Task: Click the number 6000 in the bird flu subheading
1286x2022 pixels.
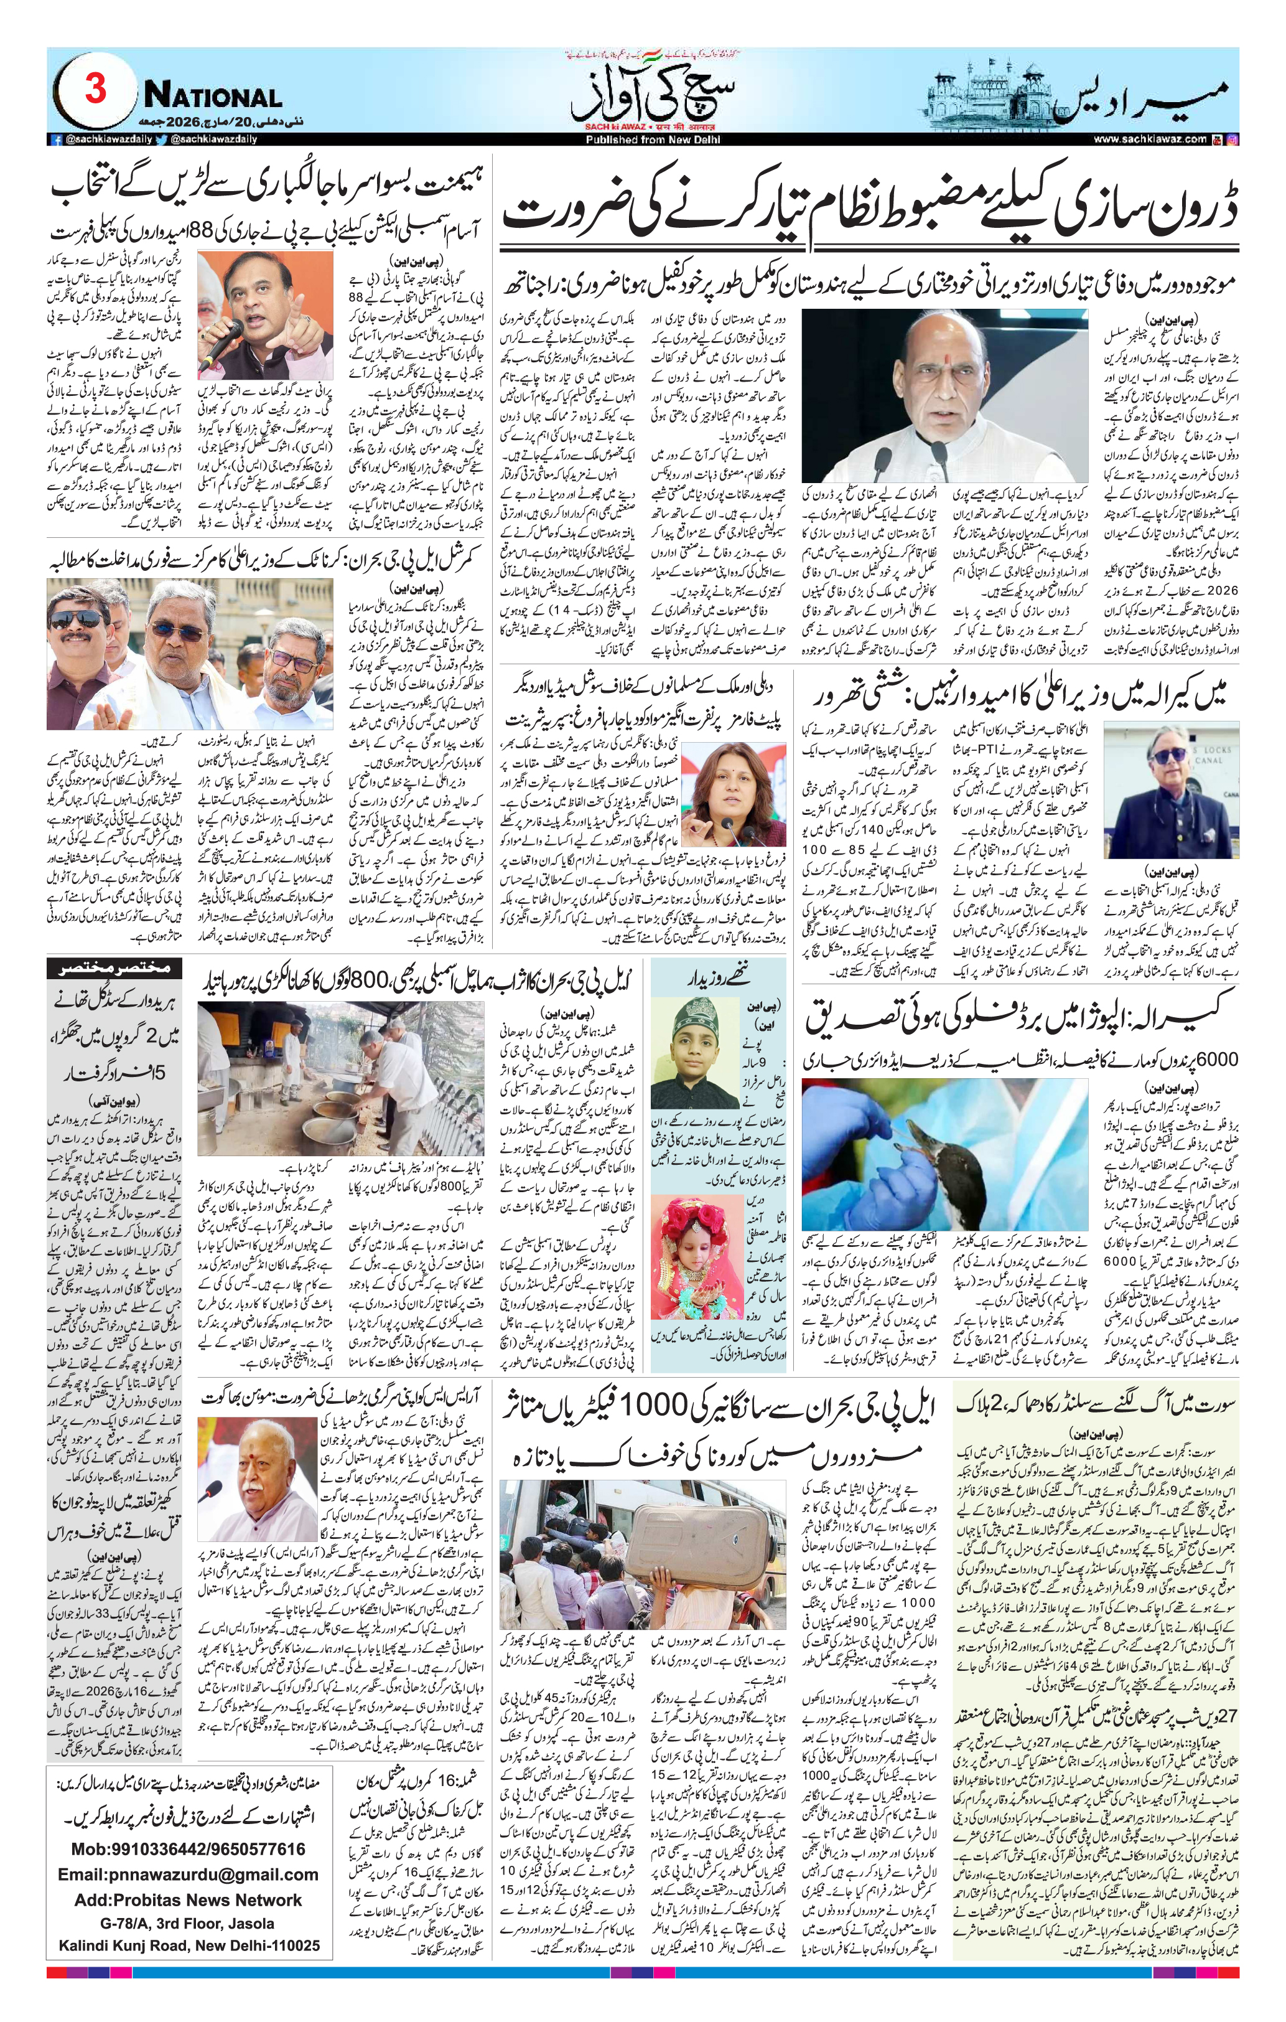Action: point(1216,1060)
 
